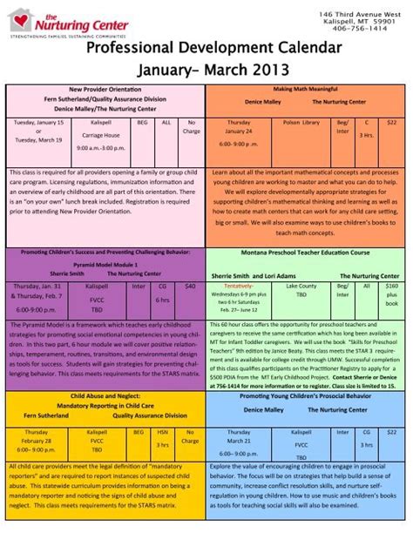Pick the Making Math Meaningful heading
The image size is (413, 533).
pos(306,90)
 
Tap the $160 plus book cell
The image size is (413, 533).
pos(391,297)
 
